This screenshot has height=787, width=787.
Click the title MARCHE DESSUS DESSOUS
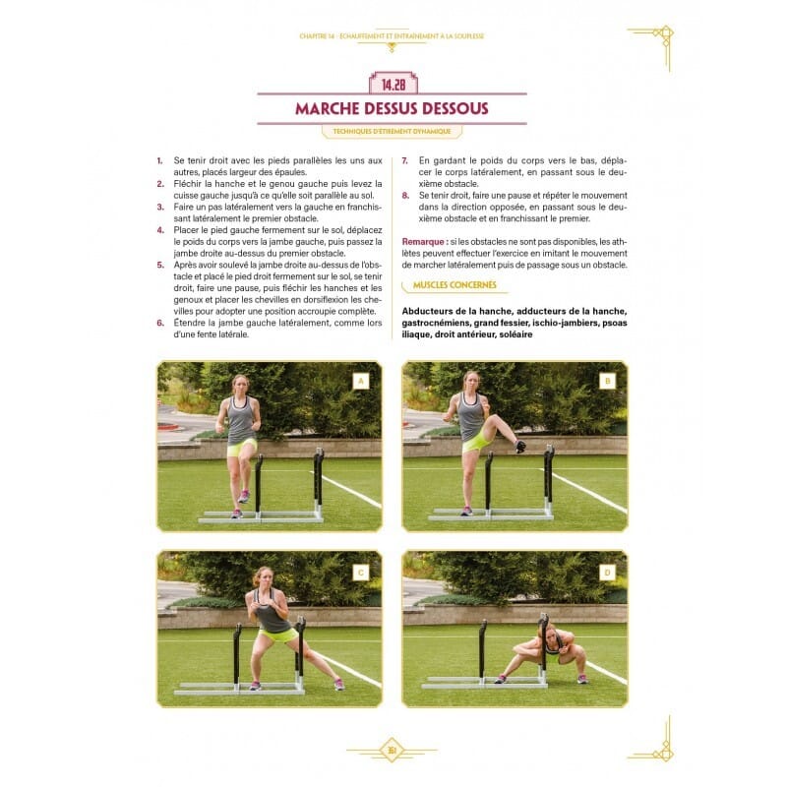point(392,108)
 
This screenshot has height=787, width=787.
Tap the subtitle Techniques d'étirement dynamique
point(392,131)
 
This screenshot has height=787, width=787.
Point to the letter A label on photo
point(360,380)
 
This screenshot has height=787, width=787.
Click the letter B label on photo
point(607,380)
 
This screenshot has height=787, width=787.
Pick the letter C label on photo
point(360,571)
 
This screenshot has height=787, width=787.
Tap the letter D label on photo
point(607,571)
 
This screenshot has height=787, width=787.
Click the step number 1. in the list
point(159,159)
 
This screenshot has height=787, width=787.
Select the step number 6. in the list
point(159,323)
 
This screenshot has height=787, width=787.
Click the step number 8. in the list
point(405,196)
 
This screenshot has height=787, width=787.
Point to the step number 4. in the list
point(159,229)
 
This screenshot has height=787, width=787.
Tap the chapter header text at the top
point(392,36)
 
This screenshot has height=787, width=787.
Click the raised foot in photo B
point(520,446)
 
